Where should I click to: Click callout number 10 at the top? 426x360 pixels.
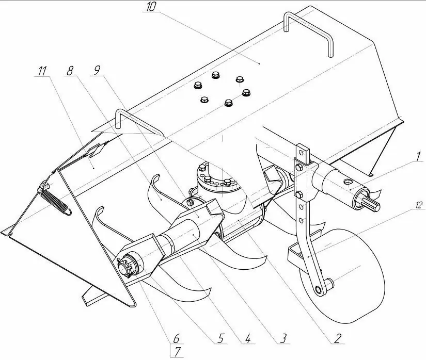click(151, 7)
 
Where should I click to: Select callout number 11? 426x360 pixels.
click(42, 71)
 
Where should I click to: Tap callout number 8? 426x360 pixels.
click(70, 71)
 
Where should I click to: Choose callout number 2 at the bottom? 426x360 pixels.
click(338, 338)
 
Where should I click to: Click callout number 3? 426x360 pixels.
click(283, 338)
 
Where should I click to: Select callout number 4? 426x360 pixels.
click(248, 338)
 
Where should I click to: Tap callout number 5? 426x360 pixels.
click(220, 338)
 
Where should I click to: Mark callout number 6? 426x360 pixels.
click(176, 338)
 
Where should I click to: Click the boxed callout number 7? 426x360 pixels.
click(177, 352)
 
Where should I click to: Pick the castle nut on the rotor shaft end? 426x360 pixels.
click(126, 268)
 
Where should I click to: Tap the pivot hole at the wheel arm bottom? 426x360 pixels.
click(319, 290)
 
